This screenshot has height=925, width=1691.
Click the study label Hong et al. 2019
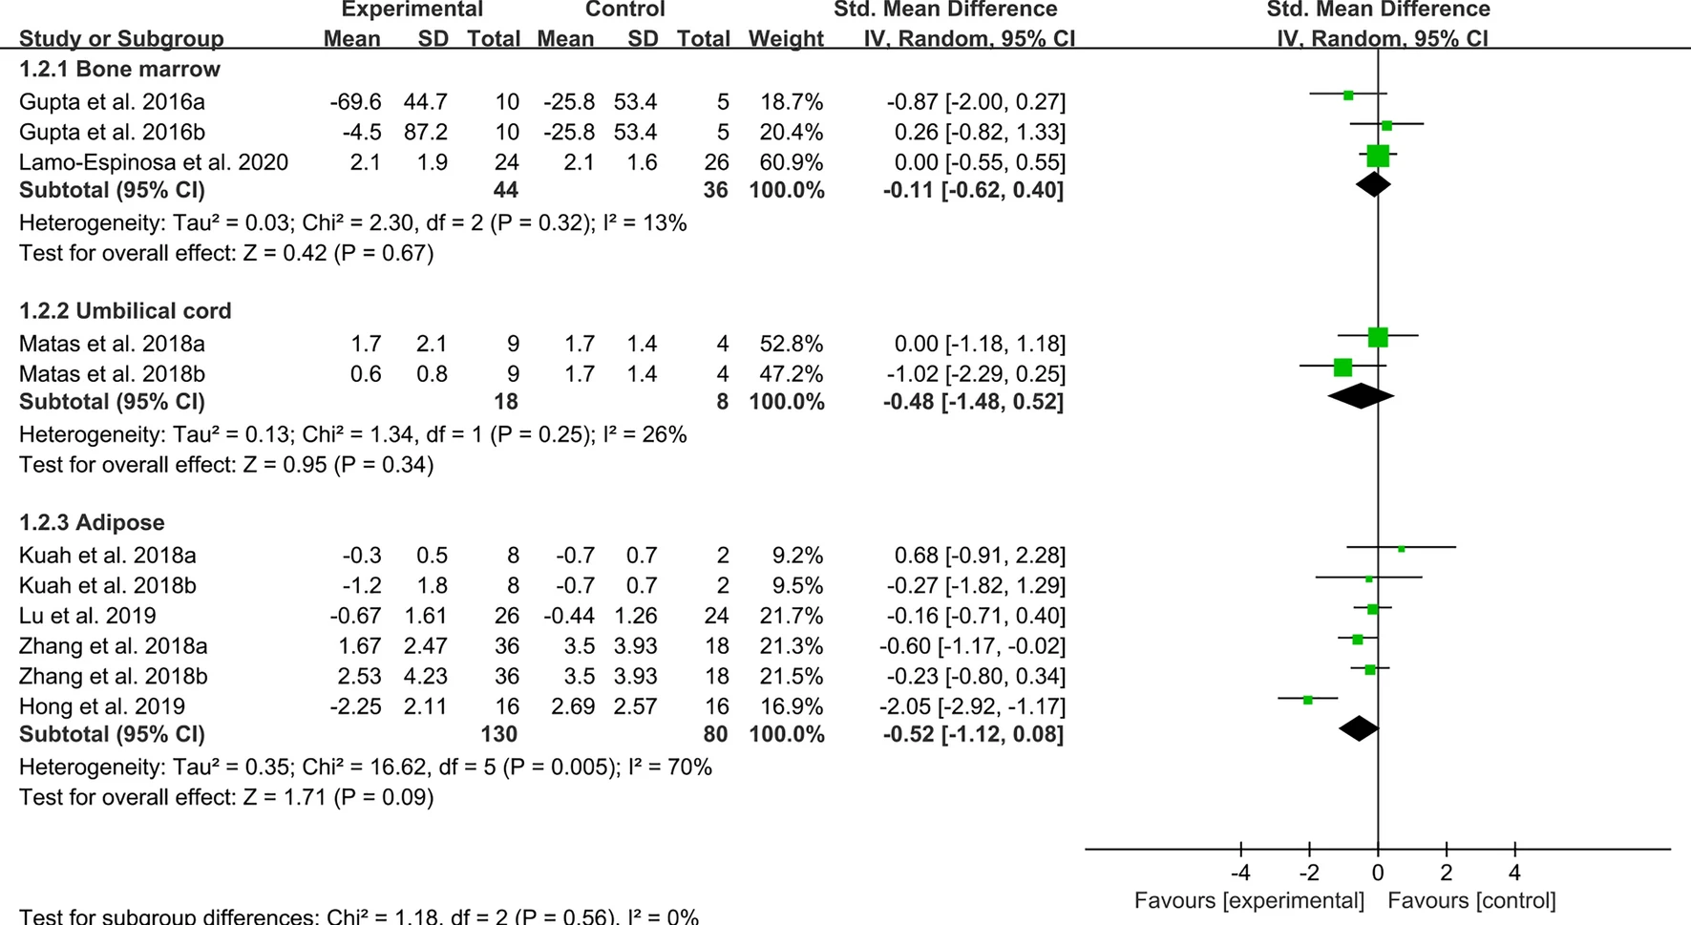102,706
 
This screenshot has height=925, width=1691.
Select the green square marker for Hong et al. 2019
1308,700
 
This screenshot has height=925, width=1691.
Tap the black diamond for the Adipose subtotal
1359,728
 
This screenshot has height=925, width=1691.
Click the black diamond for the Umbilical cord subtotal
1361,395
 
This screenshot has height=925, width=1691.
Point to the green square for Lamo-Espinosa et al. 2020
1377,156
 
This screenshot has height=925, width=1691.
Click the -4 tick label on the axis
1239,872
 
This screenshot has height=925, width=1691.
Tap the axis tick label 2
1447,872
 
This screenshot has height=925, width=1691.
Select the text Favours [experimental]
1249,900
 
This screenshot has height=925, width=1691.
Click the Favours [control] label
1471,900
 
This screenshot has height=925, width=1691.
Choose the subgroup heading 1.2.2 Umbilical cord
125,311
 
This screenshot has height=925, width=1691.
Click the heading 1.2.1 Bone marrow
119,70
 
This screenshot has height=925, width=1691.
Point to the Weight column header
786,39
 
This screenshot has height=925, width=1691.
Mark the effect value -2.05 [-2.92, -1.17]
972,706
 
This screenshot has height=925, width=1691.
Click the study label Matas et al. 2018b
112,374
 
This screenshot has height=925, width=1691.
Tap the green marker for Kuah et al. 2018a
1401,548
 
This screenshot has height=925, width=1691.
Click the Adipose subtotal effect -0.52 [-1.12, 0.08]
972,734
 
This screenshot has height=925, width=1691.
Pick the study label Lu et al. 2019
88,616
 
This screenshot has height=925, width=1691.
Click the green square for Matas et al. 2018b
1342,367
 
